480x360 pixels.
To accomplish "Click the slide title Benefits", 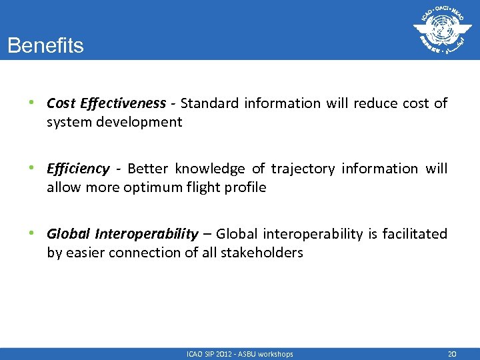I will tap(45, 46).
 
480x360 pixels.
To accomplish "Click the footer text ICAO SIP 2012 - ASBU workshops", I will tap(240, 354).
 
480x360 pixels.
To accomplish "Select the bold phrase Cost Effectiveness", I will tap(106, 103).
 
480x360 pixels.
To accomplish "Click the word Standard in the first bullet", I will tap(209, 103).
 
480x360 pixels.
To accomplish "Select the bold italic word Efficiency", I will tap(78, 169).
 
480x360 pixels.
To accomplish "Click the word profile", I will tap(245, 187).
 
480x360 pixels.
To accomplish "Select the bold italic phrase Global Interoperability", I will tap(122, 234).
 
